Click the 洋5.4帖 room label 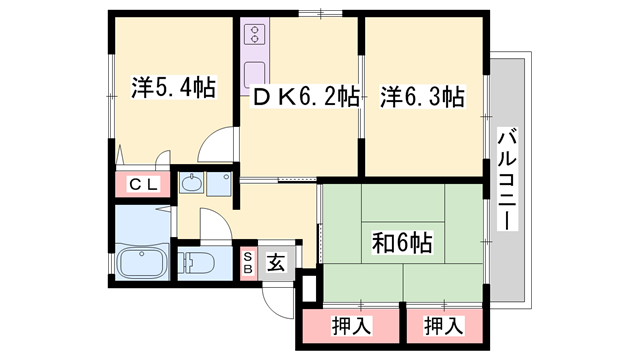click(x=173, y=87)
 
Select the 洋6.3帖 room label click(x=421, y=97)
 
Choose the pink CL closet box click(x=143, y=184)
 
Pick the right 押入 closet click(x=441, y=325)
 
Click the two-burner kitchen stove click(x=254, y=37)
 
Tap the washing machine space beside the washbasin click(x=220, y=186)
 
